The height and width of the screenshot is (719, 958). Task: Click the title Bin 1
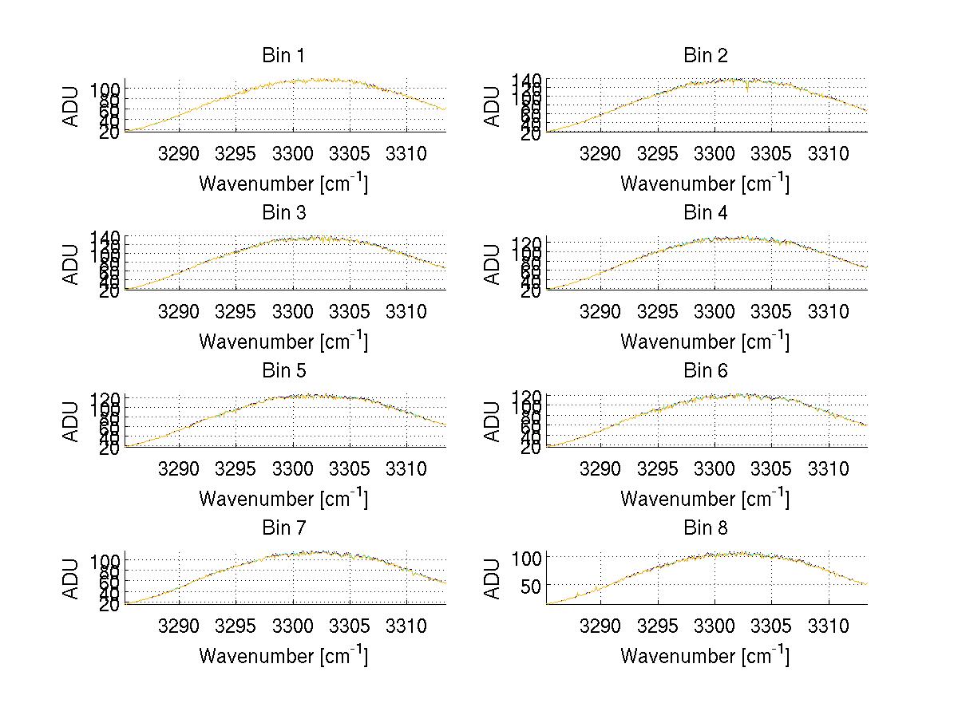283,56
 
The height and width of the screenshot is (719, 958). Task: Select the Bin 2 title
705,56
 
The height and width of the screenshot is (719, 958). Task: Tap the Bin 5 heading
283,371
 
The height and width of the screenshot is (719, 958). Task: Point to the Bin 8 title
705,528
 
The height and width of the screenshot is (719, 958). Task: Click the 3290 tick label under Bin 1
180,152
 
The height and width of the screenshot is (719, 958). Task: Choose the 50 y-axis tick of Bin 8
531,586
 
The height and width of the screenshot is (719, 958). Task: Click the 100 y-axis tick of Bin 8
526,557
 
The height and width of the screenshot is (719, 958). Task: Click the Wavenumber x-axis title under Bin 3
283,342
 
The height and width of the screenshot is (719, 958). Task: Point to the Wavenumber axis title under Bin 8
705,656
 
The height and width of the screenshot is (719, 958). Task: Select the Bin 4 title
705,213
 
